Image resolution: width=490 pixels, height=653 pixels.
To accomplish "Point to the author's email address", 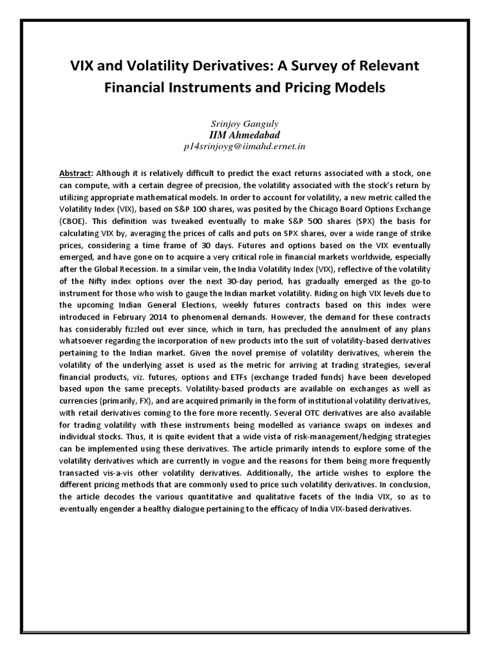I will [x=245, y=146].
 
